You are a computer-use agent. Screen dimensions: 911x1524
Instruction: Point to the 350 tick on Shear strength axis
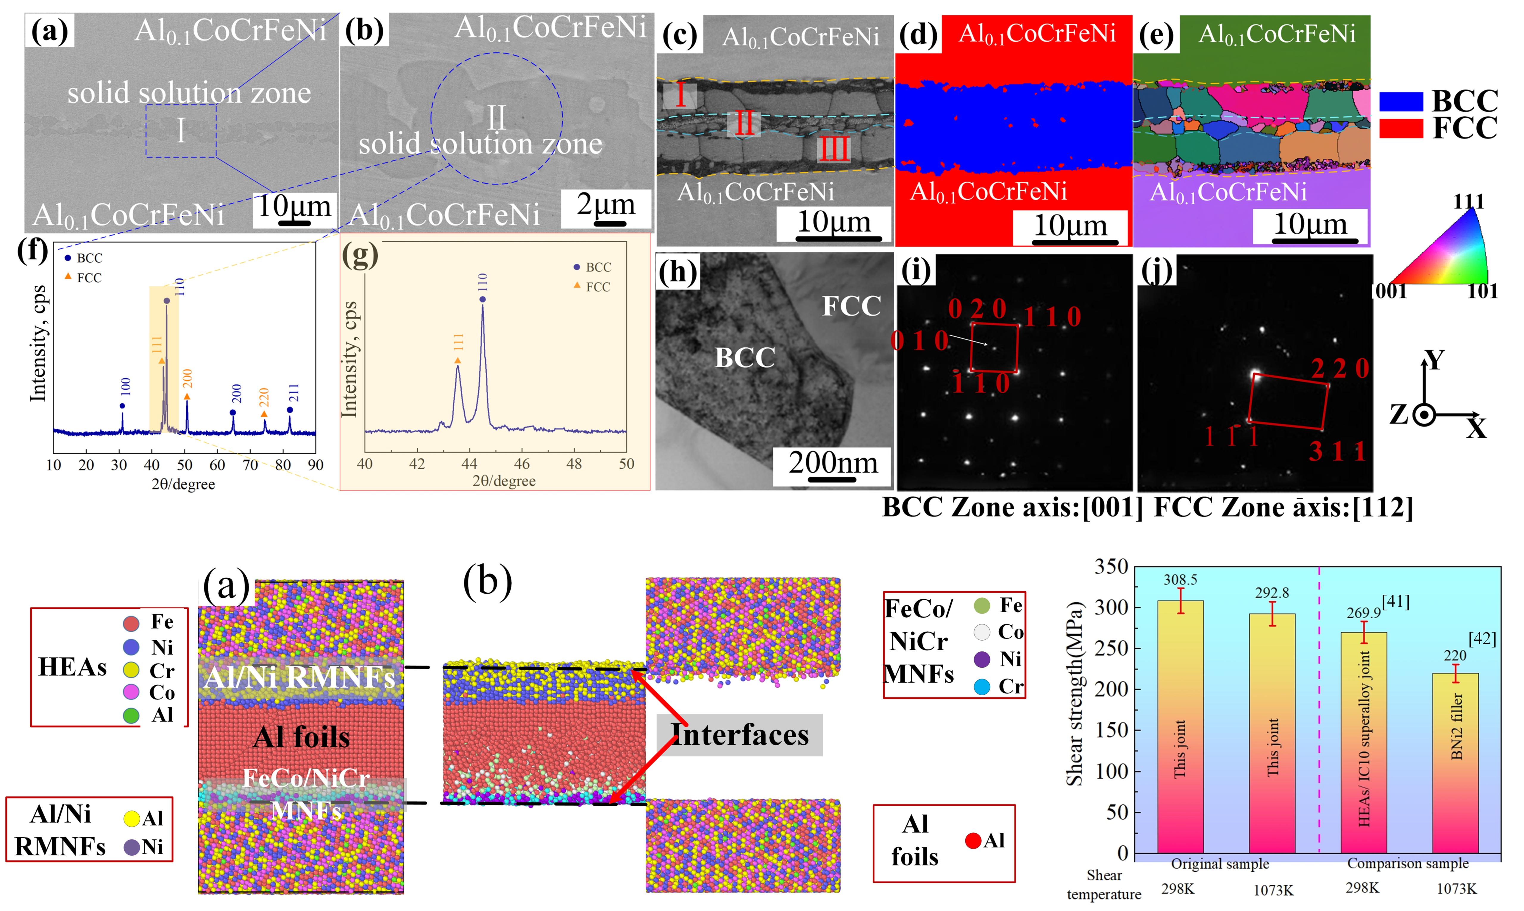(x=1111, y=566)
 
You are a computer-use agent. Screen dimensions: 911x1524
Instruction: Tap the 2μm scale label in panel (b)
(x=605, y=204)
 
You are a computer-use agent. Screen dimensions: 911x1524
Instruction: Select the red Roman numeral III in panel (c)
(x=834, y=148)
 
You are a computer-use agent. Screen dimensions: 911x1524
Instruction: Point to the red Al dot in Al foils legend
(x=973, y=840)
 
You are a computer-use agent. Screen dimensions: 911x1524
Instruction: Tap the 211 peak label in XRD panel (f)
(x=293, y=393)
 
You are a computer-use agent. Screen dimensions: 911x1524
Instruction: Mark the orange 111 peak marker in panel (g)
(x=457, y=360)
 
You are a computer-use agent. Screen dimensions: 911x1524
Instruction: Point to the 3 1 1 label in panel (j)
(x=1337, y=452)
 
